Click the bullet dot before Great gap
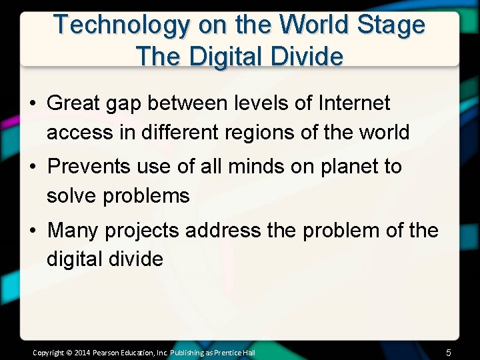tap(32, 104)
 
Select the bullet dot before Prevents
tap(32, 167)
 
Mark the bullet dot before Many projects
tap(32, 231)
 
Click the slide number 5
tap(449, 353)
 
